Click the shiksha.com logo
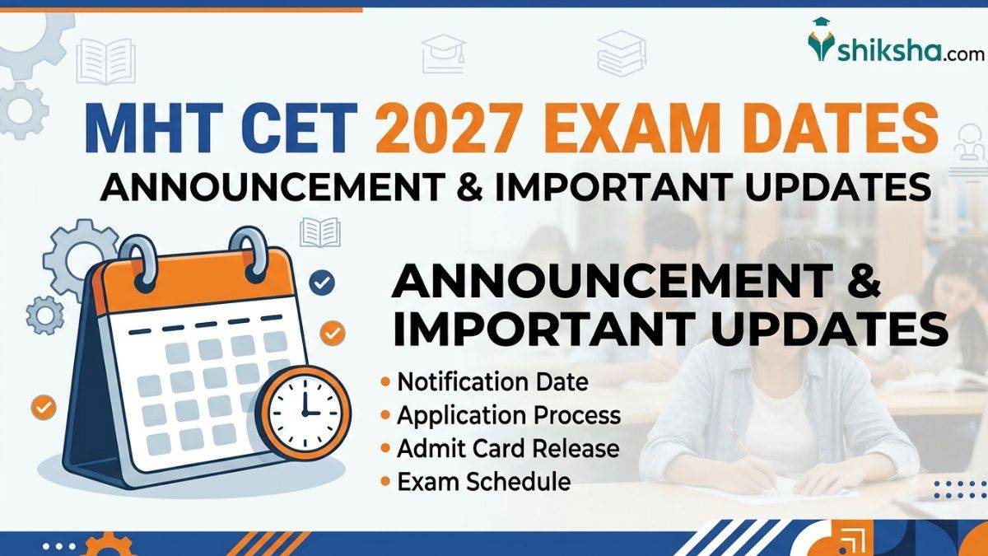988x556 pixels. click(x=897, y=41)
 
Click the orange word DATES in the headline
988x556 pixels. click(x=824, y=128)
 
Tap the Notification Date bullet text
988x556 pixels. click(x=492, y=382)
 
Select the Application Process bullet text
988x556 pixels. click(x=509, y=416)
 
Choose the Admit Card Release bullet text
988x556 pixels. click(x=508, y=449)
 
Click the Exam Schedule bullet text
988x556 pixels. click(x=484, y=482)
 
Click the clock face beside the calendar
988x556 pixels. click(x=304, y=413)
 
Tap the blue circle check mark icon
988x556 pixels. click(x=322, y=283)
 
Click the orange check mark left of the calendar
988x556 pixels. click(x=44, y=407)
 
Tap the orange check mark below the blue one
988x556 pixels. click(x=332, y=333)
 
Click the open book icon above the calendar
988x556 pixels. click(x=320, y=232)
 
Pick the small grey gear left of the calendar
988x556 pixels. click(x=44, y=315)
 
